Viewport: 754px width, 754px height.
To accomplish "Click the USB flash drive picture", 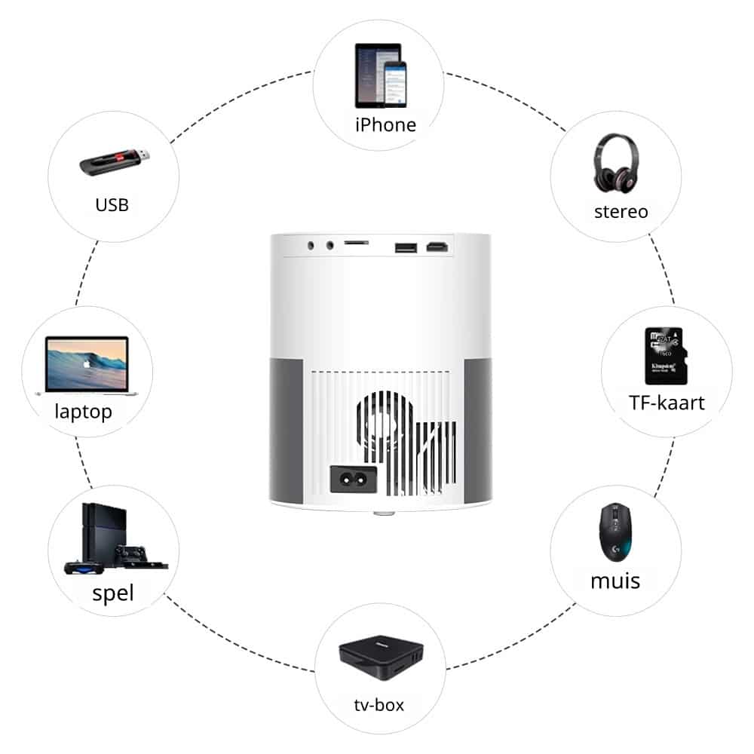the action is (x=115, y=162).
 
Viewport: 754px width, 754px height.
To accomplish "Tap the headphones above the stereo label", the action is (x=616, y=164).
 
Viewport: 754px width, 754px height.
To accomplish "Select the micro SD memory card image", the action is (x=666, y=357).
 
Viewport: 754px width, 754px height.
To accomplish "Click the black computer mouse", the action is (x=615, y=532).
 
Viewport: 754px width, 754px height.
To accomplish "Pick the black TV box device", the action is (x=381, y=657).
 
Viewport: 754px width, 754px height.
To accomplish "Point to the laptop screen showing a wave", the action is (x=87, y=364).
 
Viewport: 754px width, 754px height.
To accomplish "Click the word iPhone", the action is (x=385, y=125).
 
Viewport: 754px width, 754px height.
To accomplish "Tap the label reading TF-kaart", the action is (x=667, y=403).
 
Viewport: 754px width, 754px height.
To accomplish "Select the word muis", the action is (x=615, y=581).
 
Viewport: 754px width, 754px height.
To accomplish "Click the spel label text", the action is (x=113, y=593).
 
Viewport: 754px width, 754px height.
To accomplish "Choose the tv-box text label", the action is (x=379, y=705).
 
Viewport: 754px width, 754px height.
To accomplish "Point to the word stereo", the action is (x=621, y=212).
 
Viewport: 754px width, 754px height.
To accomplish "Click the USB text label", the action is (x=112, y=205).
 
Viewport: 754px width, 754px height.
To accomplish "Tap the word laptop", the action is (x=83, y=412).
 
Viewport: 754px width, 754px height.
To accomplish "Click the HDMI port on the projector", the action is (x=437, y=247).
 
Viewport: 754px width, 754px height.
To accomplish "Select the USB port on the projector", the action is (x=406, y=247).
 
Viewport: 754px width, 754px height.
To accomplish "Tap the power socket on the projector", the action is (x=354, y=479).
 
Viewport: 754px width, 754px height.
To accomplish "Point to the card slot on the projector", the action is (x=357, y=243).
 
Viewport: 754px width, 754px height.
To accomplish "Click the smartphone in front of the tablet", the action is (x=395, y=84).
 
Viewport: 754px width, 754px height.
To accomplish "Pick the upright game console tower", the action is (x=105, y=533).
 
